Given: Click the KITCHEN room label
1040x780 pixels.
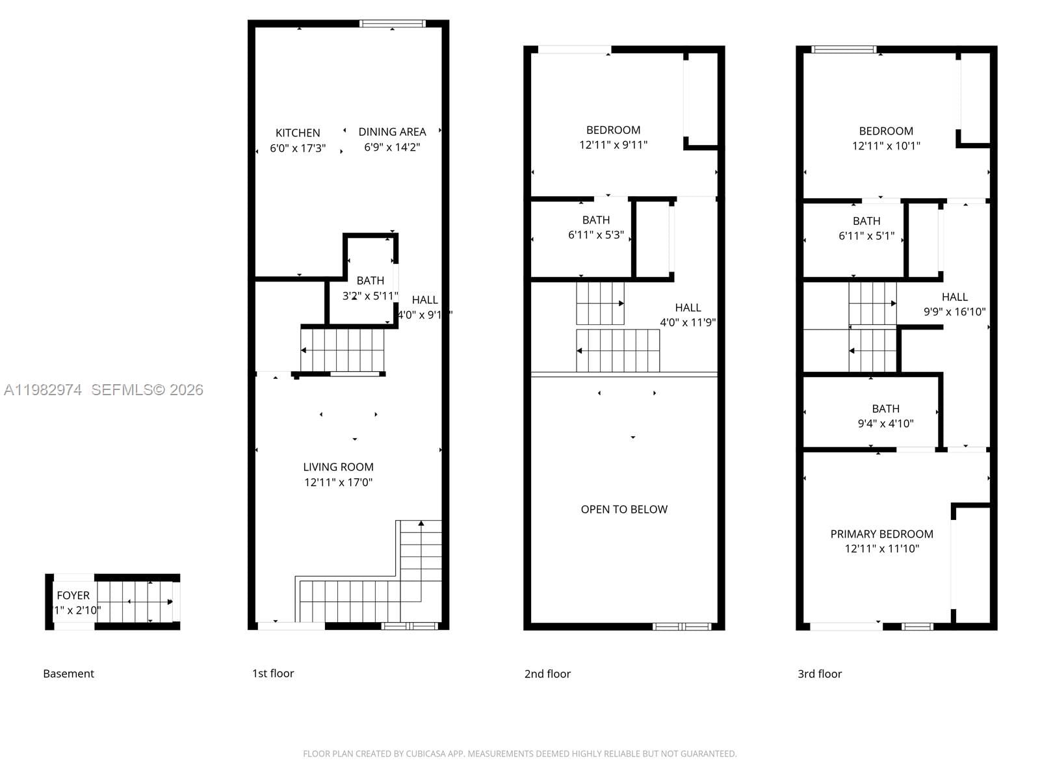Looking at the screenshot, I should (298, 133).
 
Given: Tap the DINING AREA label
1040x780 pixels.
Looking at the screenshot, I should (392, 132).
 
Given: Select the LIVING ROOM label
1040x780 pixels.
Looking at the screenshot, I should (338, 467).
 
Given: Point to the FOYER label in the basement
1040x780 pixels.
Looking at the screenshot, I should (73, 595).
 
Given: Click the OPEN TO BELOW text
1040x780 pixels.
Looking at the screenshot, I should (624, 510).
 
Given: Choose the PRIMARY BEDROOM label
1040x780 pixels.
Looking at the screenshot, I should (881, 534).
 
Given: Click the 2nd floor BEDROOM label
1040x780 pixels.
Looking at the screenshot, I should (613, 130).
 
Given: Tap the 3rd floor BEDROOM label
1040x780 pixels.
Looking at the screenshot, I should (886, 131).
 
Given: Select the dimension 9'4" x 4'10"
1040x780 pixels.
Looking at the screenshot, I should (885, 424).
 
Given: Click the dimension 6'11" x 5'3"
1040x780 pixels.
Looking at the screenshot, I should (595, 235).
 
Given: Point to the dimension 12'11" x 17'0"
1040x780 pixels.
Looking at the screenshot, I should (338, 482).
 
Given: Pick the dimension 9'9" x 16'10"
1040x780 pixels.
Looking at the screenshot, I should (954, 312).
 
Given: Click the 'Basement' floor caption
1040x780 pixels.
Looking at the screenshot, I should (68, 674).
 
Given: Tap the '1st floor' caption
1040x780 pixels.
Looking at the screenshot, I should (273, 673).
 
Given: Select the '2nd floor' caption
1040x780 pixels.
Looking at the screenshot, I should (547, 674).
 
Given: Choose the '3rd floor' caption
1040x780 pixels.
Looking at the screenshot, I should (820, 674).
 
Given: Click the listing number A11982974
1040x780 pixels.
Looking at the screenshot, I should (43, 390).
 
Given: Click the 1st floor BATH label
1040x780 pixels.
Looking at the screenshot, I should (370, 281).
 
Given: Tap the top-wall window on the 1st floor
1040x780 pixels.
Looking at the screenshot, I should (393, 24).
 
